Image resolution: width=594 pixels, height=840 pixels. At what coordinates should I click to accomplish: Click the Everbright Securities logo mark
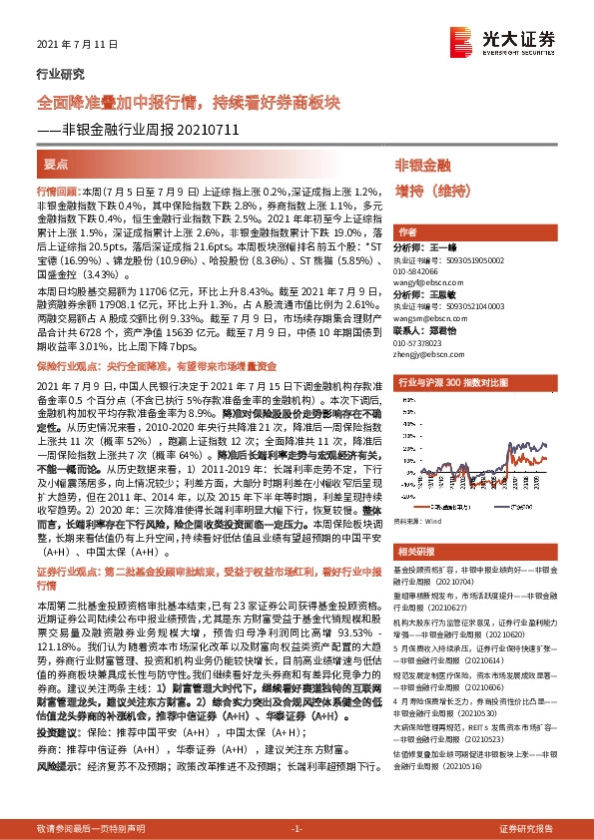(462, 41)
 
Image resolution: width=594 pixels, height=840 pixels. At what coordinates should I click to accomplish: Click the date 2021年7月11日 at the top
(69, 45)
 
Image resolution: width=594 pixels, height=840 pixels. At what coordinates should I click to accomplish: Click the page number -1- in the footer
(296, 829)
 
